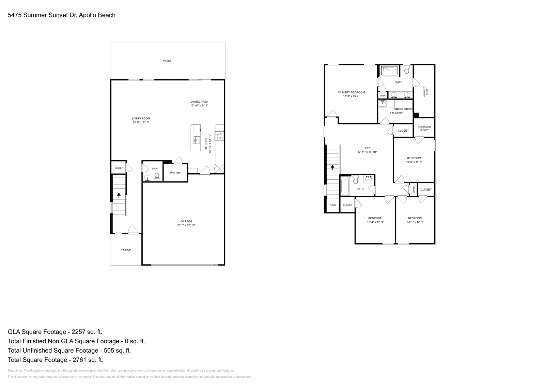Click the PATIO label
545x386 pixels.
click(x=167, y=61)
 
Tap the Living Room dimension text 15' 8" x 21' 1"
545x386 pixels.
click(x=141, y=122)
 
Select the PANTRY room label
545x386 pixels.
click(x=175, y=173)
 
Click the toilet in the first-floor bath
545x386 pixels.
click(x=157, y=176)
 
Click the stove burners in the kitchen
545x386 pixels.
click(x=220, y=136)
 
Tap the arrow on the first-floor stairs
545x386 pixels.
click(x=119, y=195)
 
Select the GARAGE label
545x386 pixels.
click(x=186, y=221)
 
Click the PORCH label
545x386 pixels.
click(x=126, y=250)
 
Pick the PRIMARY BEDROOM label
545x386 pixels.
click(x=351, y=92)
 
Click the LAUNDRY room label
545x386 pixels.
click(x=396, y=113)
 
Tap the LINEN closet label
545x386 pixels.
click(x=383, y=96)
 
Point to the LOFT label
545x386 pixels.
click(x=367, y=148)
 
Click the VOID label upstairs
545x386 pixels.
click(x=333, y=205)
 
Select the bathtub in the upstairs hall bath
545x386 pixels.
click(x=345, y=186)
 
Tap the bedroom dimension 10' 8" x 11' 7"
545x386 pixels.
click(x=414, y=162)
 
